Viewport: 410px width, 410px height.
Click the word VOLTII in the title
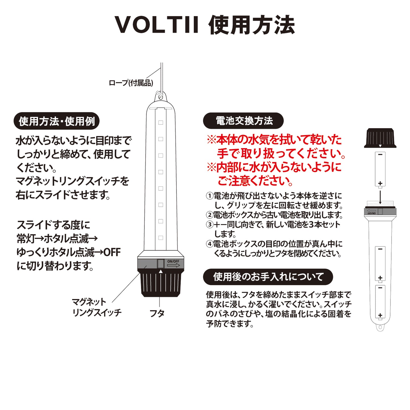157,25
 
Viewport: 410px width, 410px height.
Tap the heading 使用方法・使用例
56,121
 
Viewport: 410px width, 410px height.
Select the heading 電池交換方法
243,121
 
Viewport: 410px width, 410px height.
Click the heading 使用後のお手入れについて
268,277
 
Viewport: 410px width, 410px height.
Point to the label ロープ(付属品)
131,83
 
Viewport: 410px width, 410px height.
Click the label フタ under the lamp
157,313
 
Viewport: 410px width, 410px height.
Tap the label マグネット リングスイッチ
96,307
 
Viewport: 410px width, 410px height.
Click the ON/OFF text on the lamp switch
173,261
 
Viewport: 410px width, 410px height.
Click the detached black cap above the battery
380,138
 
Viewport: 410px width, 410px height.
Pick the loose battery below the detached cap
380,169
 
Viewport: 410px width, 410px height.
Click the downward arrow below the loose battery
380,197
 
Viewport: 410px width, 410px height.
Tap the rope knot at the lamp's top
160,95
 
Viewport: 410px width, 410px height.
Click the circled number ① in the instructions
209,196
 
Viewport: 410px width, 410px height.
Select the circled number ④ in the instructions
209,244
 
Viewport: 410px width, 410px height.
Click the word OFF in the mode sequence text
112,252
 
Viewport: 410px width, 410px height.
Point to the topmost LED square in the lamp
161,123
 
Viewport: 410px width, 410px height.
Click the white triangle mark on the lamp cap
161,272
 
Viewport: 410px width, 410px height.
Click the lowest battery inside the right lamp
380,302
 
